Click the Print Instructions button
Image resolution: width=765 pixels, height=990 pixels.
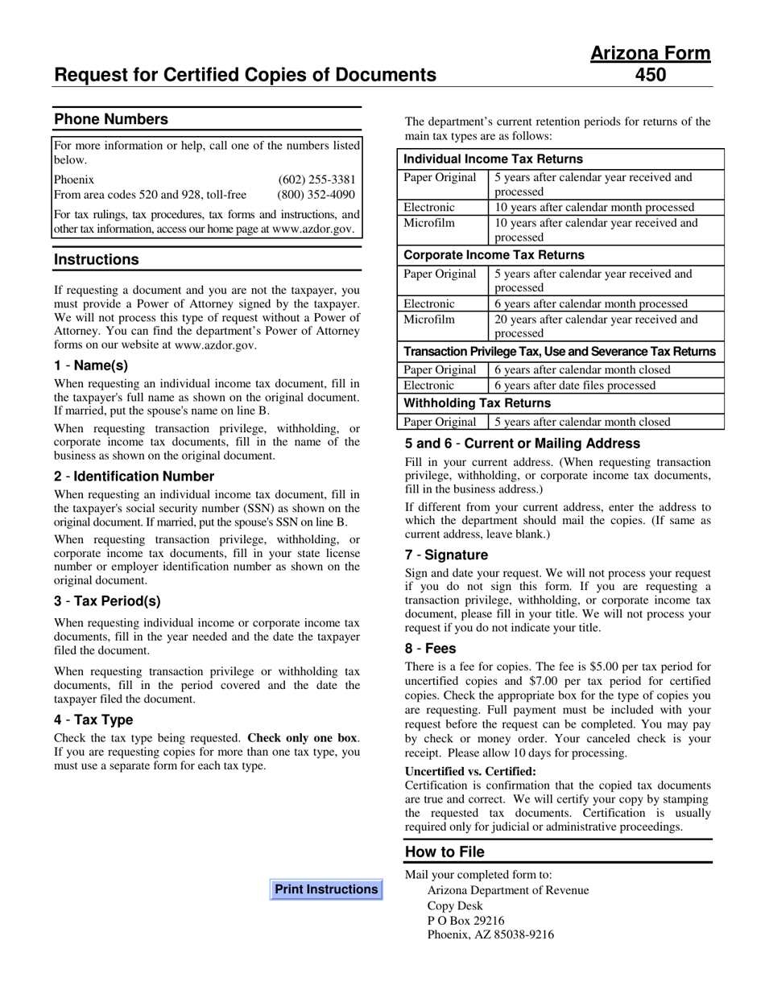click(x=326, y=889)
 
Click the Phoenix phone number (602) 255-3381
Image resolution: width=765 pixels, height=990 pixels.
click(x=316, y=179)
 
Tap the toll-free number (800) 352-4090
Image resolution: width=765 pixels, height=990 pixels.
click(x=316, y=195)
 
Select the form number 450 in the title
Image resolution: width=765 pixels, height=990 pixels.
click(x=651, y=75)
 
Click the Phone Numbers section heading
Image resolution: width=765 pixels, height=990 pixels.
click(x=111, y=119)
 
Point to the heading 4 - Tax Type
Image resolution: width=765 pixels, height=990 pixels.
click(x=93, y=720)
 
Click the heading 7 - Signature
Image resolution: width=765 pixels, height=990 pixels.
click(x=446, y=555)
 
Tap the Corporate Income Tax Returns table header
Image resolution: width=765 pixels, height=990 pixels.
click(x=494, y=255)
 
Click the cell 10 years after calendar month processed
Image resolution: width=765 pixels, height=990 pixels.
click(x=594, y=208)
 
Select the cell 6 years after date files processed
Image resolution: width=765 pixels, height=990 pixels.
click(x=575, y=386)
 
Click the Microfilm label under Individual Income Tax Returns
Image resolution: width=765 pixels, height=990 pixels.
click(x=430, y=223)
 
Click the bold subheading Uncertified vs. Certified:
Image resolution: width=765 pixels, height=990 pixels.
click(x=470, y=771)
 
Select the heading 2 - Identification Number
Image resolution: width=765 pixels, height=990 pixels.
click(x=134, y=476)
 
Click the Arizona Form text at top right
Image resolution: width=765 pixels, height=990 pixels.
click(x=651, y=53)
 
